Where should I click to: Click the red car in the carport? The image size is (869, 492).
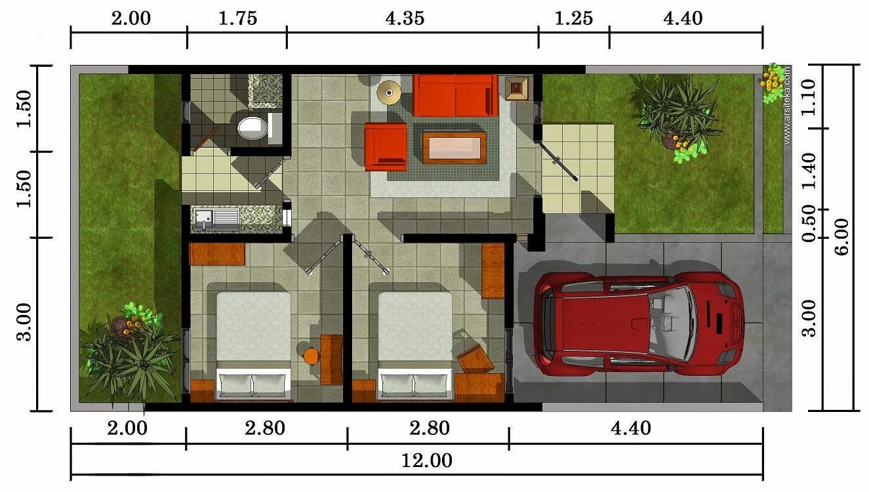(639, 323)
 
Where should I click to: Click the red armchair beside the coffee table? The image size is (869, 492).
(386, 147)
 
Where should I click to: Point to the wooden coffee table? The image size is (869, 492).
(455, 148)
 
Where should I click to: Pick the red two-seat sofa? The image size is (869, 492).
(455, 96)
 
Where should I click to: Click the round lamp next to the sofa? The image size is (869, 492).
(389, 92)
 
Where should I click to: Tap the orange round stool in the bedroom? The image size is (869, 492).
(311, 356)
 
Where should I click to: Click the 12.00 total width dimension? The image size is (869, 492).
(426, 461)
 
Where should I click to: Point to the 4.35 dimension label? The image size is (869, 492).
(405, 18)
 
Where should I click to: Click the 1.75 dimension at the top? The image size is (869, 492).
(238, 18)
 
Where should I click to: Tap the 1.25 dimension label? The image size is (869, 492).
(574, 18)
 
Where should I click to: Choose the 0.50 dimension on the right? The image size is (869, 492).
(809, 224)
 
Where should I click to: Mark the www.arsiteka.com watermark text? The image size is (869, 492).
(787, 106)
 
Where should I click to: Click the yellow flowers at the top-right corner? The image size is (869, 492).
(773, 82)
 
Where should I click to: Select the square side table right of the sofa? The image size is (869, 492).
(517, 89)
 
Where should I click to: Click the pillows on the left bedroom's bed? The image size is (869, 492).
(253, 384)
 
